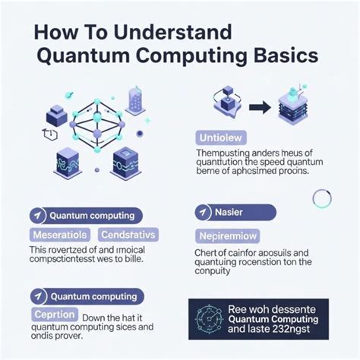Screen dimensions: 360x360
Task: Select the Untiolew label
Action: click(219, 137)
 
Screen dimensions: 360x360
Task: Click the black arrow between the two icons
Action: click(261, 108)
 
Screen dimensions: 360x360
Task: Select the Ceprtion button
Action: click(54, 314)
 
